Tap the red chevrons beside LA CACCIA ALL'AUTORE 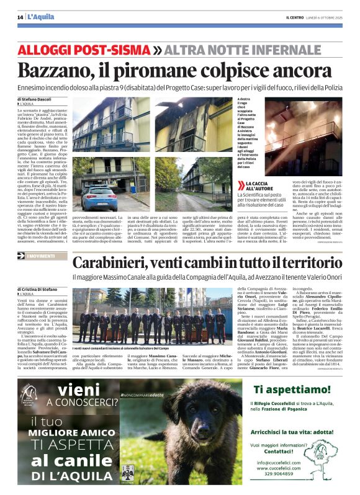(x=241, y=184)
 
